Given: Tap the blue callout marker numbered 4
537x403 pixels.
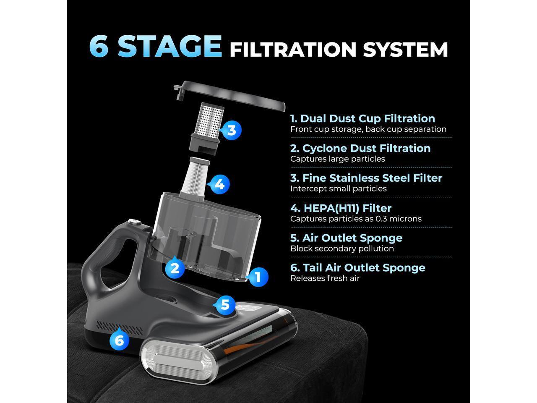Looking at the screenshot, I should point(219,184).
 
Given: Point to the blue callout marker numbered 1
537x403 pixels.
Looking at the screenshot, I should point(258,277).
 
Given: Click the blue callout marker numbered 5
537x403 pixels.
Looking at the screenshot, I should point(225,304).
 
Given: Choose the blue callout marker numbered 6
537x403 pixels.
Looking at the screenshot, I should point(119,340).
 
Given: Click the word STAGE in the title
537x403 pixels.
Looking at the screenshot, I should point(169,46).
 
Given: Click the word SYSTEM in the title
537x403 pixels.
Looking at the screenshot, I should point(405,50).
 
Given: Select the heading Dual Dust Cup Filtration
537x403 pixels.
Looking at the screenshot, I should point(362,118).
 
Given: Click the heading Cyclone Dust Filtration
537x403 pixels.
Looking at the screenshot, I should point(360,148).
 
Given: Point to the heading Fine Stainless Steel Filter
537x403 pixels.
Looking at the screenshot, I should point(366,178).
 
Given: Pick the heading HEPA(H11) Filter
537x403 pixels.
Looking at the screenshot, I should point(341,208).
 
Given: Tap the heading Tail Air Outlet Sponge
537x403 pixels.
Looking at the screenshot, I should point(357,267).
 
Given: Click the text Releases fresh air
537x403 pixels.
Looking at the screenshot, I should point(325,278).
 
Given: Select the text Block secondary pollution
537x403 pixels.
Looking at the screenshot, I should point(342,249).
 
